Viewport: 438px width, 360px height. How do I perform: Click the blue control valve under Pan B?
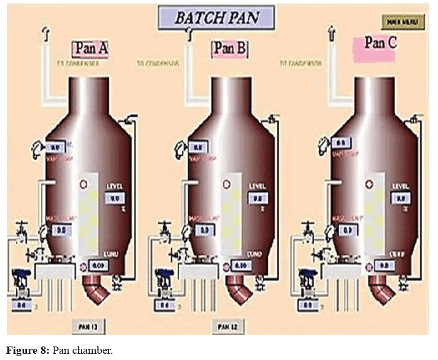click(x=165, y=278)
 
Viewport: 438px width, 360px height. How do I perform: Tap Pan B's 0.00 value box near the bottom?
click(x=240, y=265)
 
